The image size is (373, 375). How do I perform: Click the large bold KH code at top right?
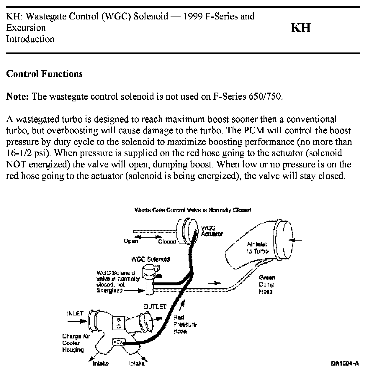point(301,28)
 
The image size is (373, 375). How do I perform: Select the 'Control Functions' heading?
point(44,74)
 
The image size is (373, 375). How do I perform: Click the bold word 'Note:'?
point(17,96)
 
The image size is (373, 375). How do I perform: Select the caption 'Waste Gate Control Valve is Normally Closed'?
point(192,210)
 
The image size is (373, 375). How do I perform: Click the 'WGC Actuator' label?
point(212,231)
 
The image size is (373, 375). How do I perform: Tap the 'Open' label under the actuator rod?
point(131,241)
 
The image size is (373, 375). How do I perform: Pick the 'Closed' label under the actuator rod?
point(167,241)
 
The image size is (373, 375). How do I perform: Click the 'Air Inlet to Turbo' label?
point(257,248)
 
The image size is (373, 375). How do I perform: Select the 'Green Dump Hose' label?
point(266,284)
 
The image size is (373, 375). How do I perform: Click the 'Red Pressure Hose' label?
point(184,324)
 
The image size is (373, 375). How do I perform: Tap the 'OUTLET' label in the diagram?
point(155,307)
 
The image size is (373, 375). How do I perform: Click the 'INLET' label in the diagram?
point(75,313)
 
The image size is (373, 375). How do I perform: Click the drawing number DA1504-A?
point(344,364)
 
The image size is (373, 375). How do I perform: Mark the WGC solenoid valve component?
point(150,279)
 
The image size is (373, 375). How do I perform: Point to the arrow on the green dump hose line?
point(215,283)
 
